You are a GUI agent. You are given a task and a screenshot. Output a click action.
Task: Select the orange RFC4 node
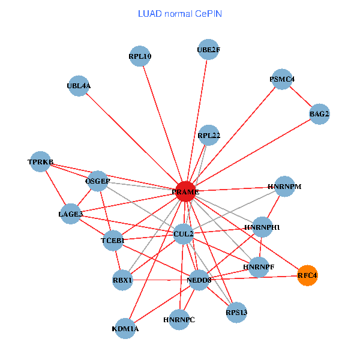(307, 275)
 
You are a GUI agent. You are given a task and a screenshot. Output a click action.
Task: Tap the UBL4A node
(79, 86)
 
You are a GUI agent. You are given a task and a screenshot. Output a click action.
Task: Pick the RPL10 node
(140, 57)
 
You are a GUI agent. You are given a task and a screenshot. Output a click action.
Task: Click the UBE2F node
(208, 50)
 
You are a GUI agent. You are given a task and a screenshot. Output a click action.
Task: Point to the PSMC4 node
(282, 79)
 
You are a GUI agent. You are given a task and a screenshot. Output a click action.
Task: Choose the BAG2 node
(319, 113)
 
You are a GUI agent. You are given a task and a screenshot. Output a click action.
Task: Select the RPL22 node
(209, 135)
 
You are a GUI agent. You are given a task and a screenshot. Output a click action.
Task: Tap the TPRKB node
(40, 162)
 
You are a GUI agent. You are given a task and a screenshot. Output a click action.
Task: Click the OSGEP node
(98, 181)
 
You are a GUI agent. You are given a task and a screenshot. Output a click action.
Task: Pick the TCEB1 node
(112, 241)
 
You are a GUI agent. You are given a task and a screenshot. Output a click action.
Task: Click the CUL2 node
(183, 233)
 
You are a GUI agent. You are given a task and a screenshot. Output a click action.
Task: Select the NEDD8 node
(199, 280)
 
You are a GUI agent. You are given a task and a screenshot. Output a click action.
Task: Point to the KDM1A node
(125, 328)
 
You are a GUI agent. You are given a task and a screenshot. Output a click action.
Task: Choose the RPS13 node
(236, 312)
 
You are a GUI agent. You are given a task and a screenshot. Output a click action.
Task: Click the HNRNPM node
(284, 187)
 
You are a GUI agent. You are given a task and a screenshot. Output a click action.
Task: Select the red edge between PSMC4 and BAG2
(301, 96)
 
